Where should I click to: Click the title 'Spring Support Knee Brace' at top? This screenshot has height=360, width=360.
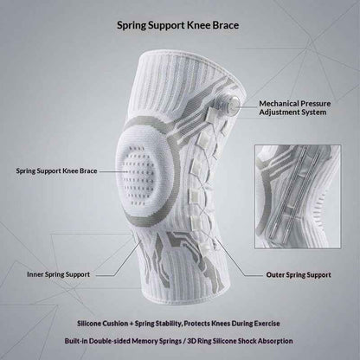pyautogui.click(x=177, y=25)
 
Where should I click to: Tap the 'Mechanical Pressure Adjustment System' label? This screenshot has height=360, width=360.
pyautogui.click(x=294, y=108)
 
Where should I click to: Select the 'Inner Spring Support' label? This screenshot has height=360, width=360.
pyautogui.click(x=58, y=274)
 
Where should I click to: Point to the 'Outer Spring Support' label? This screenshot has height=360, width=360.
pyautogui.click(x=299, y=275)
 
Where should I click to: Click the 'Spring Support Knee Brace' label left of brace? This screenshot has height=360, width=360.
pyautogui.click(x=56, y=171)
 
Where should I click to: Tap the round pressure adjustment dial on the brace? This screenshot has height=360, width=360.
pyautogui.click(x=234, y=105)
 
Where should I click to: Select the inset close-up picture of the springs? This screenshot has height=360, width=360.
pyautogui.click(x=298, y=196)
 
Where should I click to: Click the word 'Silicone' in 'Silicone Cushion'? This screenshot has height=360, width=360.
pyautogui.click(x=90, y=324)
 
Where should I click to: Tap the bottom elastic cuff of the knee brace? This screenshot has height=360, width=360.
pyautogui.click(x=186, y=297)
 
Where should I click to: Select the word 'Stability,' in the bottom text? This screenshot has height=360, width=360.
pyautogui.click(x=168, y=324)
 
